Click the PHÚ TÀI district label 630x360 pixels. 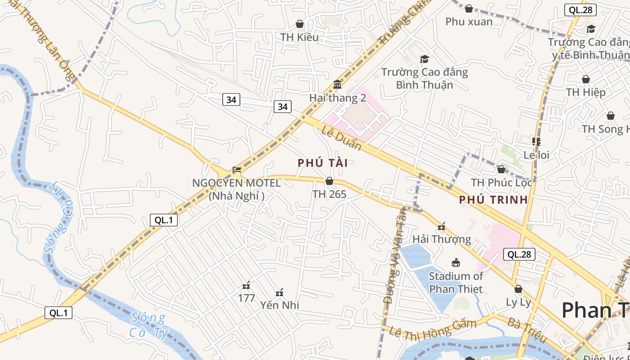(x=323, y=163)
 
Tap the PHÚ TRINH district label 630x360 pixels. (x=493, y=200)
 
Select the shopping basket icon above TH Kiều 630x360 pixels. (x=299, y=24)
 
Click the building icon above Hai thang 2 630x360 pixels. (x=337, y=85)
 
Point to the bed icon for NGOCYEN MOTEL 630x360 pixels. (x=237, y=170)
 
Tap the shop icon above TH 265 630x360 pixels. (x=329, y=181)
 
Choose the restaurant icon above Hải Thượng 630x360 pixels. (x=441, y=226)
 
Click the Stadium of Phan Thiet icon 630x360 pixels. (x=455, y=263)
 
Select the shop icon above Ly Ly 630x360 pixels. (x=518, y=289)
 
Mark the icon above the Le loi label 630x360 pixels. (x=536, y=142)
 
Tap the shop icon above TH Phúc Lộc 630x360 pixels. (x=501, y=170)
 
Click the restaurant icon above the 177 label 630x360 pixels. (x=246, y=285)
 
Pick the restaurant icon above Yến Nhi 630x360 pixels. (x=279, y=292)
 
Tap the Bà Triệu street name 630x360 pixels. (x=526, y=330)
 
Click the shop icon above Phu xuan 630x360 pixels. (x=468, y=9)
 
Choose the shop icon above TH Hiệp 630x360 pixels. (x=585, y=80)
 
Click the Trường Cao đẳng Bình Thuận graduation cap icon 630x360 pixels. (x=424, y=59)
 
